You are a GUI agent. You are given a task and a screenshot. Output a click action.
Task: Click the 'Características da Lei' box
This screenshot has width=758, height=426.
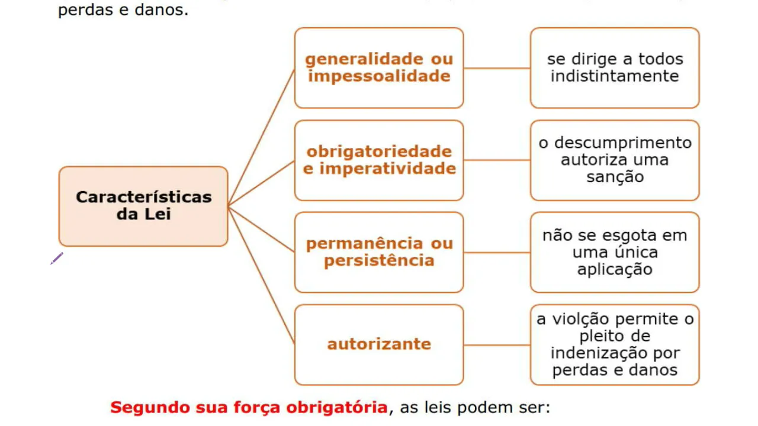(x=143, y=206)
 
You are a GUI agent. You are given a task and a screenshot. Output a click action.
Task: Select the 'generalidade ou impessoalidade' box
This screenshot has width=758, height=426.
(x=379, y=67)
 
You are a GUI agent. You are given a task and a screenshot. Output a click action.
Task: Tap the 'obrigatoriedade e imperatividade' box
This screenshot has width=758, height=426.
(x=379, y=160)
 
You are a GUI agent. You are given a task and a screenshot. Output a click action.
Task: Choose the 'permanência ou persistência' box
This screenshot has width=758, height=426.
(x=379, y=252)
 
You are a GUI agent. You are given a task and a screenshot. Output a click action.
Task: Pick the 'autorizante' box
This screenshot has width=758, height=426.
(x=379, y=344)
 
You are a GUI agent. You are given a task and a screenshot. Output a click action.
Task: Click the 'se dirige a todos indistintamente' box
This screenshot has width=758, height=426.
(x=615, y=67)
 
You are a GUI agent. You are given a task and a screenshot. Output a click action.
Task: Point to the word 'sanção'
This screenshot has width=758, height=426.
(x=615, y=177)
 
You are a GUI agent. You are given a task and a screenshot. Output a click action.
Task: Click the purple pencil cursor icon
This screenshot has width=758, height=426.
(x=57, y=259)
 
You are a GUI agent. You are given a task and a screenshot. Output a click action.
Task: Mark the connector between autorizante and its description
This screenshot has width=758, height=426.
(x=497, y=345)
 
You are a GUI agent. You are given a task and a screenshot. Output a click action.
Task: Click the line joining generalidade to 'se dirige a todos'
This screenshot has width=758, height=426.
(x=497, y=68)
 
